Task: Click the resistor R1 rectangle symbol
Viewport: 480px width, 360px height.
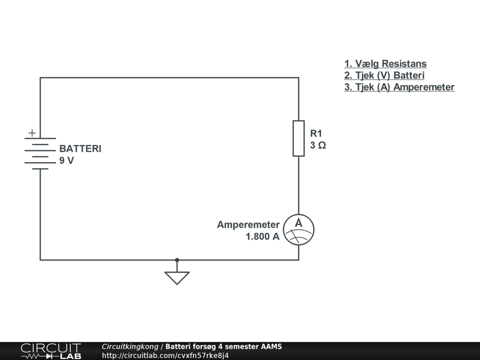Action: pos(299,138)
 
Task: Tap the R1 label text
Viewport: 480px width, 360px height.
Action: pos(316,134)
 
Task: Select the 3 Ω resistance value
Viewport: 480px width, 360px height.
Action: pos(318,145)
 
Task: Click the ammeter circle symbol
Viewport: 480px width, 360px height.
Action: pos(299,230)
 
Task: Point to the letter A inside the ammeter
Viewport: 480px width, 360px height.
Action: pos(299,224)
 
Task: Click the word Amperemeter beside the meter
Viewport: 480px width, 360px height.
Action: pos(248,225)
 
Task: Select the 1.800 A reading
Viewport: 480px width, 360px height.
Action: pos(262,237)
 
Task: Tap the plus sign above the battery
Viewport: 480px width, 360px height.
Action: pos(32,133)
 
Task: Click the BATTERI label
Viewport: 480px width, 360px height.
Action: pos(80,149)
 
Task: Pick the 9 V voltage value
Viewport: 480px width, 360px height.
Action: pos(66,161)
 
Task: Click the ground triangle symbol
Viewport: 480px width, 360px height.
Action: pos(177,277)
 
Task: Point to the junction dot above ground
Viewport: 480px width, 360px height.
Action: pos(177,259)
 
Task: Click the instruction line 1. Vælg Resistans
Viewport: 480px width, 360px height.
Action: pos(385,64)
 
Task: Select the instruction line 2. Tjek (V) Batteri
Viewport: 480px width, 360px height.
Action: pos(384,75)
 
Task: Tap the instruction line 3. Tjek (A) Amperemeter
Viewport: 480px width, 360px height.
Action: pos(399,87)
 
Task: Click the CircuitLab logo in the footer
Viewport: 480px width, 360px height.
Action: pos(51,351)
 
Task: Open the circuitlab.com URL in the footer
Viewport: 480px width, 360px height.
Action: pos(165,355)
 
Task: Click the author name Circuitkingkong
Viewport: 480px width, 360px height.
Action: pos(130,347)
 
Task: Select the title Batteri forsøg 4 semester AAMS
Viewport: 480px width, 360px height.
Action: pos(224,347)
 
